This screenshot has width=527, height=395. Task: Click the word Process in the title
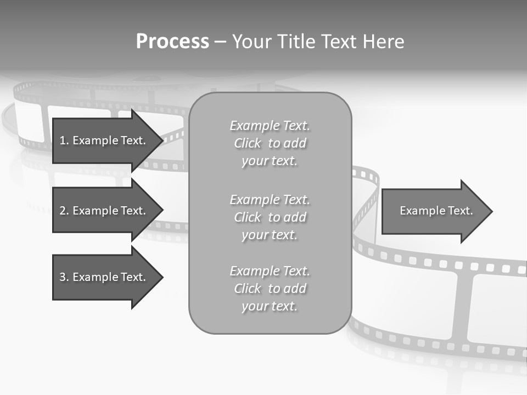tap(172, 42)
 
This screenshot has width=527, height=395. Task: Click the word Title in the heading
tap(296, 42)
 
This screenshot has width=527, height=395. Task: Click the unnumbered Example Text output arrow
tap(436, 211)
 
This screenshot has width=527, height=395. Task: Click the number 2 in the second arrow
tap(63, 211)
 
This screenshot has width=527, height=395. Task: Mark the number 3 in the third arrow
tap(63, 277)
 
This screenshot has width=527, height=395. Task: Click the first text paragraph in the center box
tap(270, 143)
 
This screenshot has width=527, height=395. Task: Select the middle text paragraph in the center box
tap(270, 217)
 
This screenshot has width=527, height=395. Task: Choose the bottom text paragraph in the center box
tap(270, 289)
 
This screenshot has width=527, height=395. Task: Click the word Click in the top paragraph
tap(248, 143)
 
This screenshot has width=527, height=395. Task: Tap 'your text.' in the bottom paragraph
tap(270, 306)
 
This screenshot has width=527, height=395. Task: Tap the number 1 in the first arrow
tap(62, 140)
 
